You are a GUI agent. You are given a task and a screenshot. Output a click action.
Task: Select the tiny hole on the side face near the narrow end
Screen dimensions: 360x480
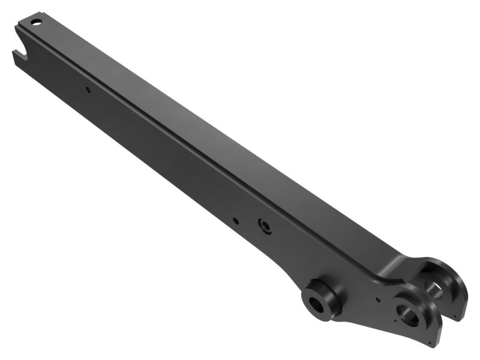[x=87, y=90]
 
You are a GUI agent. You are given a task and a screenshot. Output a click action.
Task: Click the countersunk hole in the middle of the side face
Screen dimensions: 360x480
[x=264, y=226]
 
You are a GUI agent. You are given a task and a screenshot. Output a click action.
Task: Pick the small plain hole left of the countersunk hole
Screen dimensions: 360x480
[x=236, y=220]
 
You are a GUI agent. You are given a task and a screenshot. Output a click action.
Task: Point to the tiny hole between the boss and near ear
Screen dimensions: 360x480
[x=376, y=298]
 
